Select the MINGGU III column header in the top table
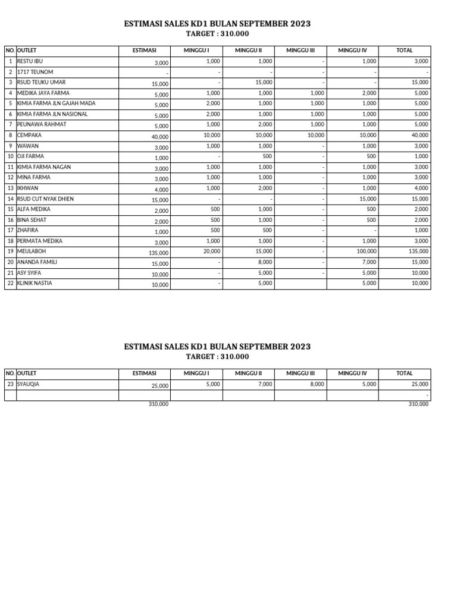click(300, 51)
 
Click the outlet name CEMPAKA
click(29, 135)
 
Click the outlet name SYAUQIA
click(29, 384)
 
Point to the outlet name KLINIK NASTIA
click(35, 283)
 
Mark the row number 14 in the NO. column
click(10, 199)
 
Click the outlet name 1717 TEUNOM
click(35, 72)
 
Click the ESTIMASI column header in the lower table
click(144, 373)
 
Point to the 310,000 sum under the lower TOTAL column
click(418, 404)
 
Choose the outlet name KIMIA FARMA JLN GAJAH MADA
click(56, 103)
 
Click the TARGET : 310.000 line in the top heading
click(217, 34)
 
